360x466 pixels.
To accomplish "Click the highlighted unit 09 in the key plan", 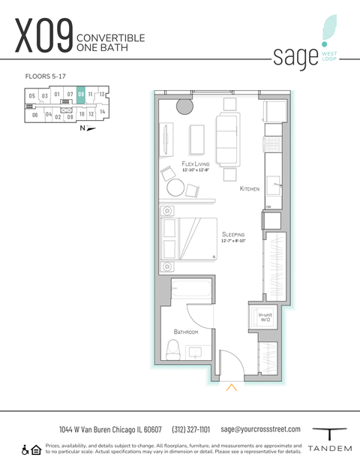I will click(81, 95).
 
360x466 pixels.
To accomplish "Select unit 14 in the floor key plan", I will click(102, 112).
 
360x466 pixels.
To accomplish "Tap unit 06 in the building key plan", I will click(34, 115).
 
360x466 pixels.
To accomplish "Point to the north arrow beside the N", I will click(91, 128).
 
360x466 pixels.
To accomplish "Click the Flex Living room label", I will click(196, 164).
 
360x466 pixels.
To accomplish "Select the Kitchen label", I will click(249, 189).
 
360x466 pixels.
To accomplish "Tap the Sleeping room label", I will click(233, 236).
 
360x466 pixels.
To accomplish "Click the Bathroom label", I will click(185, 331).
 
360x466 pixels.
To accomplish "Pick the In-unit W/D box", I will click(264, 317).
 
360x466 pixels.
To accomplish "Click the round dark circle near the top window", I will click(184, 107).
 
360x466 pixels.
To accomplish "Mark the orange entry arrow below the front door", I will click(232, 387).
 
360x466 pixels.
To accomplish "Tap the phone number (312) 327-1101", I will click(191, 429).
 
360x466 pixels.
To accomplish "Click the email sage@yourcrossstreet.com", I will click(260, 429).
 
